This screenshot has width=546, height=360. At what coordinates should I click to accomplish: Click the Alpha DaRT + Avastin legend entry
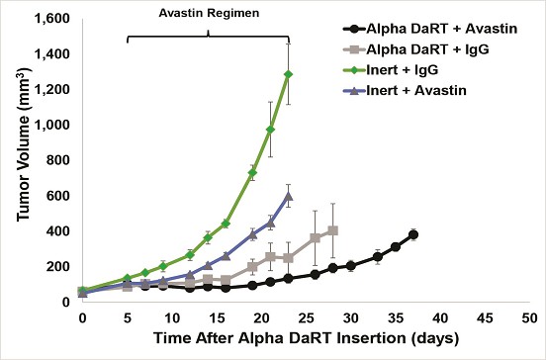pos(430,29)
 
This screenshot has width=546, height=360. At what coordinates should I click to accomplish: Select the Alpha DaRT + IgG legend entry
pos(416,49)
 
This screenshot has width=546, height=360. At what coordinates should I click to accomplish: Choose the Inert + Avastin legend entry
pos(405,90)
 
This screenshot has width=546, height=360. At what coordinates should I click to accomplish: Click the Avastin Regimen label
pos(209,13)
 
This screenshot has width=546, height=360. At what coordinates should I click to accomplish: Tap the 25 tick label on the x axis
pos(306,317)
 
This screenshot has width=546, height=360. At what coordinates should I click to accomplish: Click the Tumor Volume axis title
pos(24,143)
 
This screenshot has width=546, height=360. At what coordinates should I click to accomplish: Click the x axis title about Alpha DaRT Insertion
pos(306,338)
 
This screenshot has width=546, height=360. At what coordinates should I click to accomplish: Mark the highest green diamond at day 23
pos(288,74)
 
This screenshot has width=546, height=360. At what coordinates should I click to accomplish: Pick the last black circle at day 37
pos(413,234)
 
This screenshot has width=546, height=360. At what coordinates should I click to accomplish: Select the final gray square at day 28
pos(333,230)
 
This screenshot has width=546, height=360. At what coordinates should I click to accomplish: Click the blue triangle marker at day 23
pos(288,197)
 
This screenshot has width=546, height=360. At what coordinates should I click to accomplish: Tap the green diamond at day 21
pos(271,130)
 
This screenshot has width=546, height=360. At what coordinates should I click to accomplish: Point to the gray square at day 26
pos(316,237)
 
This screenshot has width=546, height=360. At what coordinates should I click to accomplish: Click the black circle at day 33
pos(378,256)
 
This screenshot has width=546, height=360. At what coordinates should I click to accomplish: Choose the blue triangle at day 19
pos(253,234)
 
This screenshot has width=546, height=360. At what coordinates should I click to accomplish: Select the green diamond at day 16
pos(226,224)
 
